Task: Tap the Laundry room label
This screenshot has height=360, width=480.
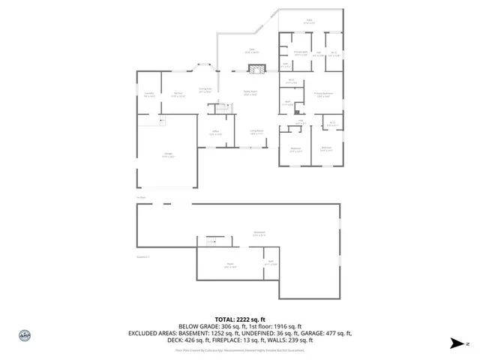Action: (148, 94)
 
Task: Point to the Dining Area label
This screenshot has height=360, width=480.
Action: (203, 90)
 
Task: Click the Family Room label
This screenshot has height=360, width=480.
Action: (250, 93)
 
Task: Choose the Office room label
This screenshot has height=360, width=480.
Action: (215, 133)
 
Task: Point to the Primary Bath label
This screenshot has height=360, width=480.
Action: (301, 52)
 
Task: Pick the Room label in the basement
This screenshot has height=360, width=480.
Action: (231, 264)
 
